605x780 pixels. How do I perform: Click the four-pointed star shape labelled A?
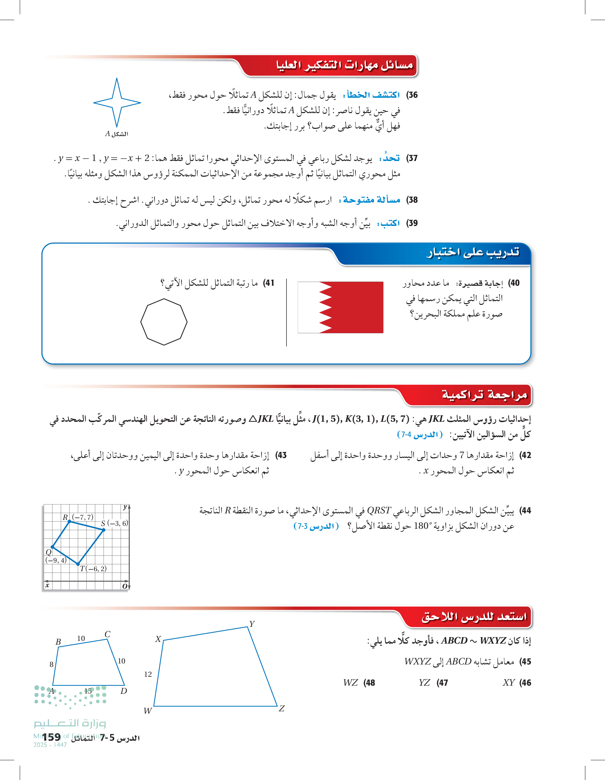click(x=117, y=103)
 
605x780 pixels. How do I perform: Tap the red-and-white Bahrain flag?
click(x=340, y=307)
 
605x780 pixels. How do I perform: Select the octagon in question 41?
click(x=164, y=322)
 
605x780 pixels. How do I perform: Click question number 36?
click(x=413, y=95)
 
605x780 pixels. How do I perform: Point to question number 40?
click(x=514, y=283)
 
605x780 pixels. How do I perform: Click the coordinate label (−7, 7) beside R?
click(x=82, y=517)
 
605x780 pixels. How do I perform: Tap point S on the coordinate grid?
click(x=104, y=530)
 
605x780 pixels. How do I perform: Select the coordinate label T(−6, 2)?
click(x=93, y=568)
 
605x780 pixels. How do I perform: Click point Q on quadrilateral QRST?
click(x=53, y=547)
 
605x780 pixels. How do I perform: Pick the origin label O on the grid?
click(x=125, y=586)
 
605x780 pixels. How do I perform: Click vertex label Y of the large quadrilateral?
click(x=252, y=624)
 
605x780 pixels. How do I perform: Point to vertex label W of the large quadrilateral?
click(x=148, y=711)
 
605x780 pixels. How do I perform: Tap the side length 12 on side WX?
click(x=148, y=674)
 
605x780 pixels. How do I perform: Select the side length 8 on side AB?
click(x=51, y=664)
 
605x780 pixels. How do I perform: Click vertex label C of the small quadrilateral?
click(x=108, y=634)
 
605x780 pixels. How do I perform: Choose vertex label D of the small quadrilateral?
click(x=124, y=691)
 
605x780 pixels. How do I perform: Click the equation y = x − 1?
click(x=77, y=158)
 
